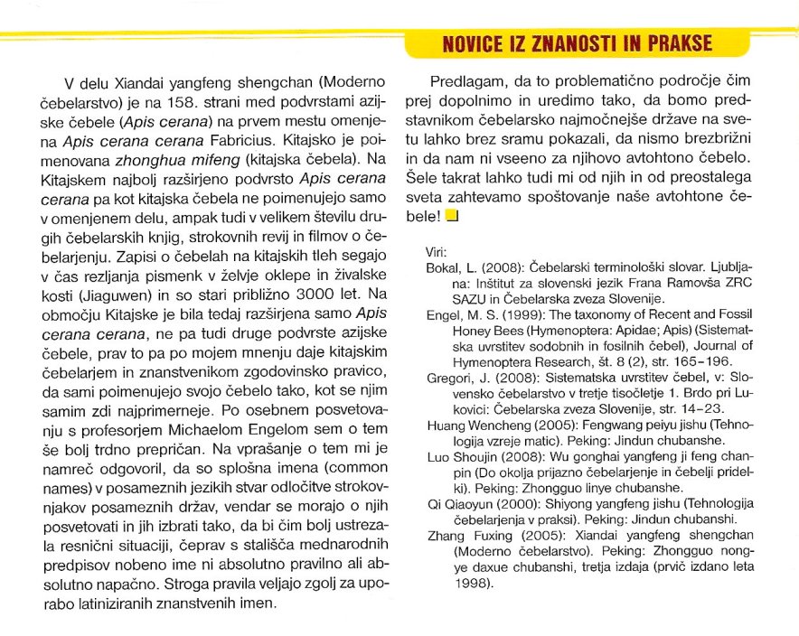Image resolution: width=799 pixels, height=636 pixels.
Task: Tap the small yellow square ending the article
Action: click(x=453, y=216)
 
